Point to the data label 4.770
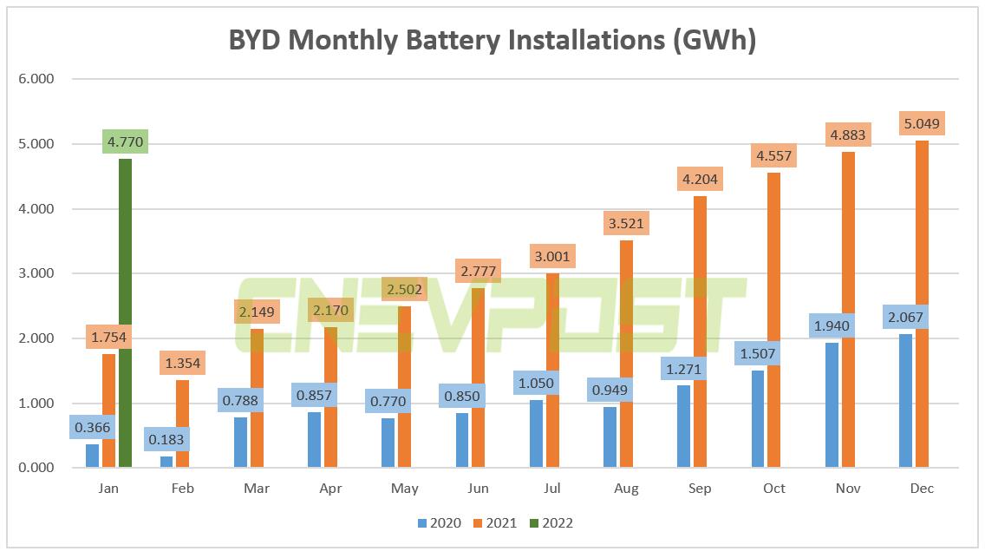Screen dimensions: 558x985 tap(125, 141)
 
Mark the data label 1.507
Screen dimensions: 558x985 tap(757, 353)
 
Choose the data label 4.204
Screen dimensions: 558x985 tap(700, 180)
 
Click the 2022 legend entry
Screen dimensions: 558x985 tap(550, 523)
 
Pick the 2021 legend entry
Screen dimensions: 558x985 tap(494, 523)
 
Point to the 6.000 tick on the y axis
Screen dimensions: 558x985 tap(36, 79)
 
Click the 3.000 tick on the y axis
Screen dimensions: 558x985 tap(36, 273)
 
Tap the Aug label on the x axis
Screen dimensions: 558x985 tap(626, 489)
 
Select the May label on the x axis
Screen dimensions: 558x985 tap(405, 489)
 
